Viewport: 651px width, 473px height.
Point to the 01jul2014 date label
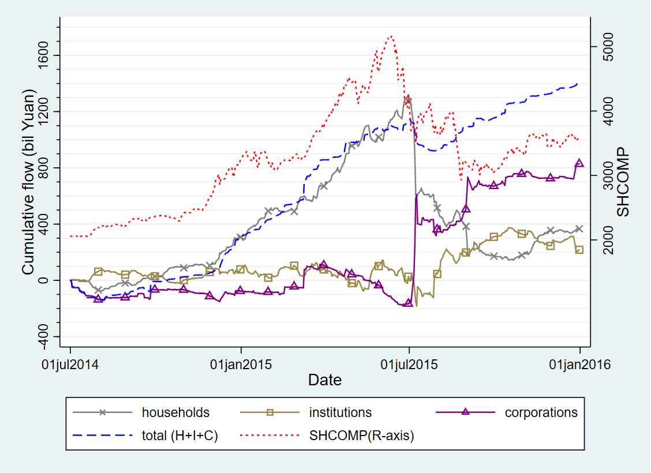tap(70, 365)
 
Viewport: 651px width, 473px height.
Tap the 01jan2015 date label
tap(241, 365)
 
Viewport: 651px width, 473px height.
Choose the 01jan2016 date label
tap(580, 365)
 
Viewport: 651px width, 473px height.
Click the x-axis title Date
tap(324, 380)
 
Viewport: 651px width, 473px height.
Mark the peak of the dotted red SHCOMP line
tap(391, 36)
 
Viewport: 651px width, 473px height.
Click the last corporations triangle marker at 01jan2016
tap(579, 163)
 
